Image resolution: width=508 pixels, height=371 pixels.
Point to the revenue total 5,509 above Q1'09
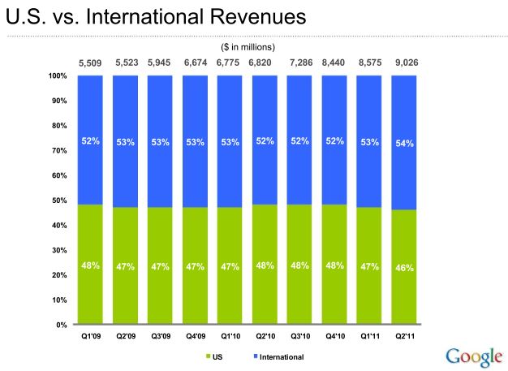[90, 63]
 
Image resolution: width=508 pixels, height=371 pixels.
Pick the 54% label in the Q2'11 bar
[404, 143]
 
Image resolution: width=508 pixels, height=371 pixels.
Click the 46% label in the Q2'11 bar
[404, 267]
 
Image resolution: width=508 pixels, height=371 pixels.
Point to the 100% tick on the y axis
[57, 76]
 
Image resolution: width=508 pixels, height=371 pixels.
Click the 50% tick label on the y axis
[58, 201]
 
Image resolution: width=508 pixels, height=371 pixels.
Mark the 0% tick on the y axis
[60, 325]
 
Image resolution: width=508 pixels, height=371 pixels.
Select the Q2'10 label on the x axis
[265, 335]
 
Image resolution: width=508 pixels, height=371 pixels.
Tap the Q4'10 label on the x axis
[334, 335]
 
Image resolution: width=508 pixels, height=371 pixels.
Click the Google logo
[473, 356]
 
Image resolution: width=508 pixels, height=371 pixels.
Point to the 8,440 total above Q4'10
[334, 63]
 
